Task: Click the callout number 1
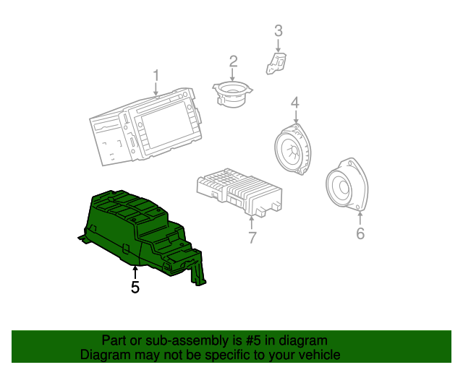point(156,75)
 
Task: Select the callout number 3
point(278,31)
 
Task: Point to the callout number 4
point(295,103)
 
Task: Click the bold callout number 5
point(135,288)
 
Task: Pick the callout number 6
point(360,233)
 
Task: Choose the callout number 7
point(252,238)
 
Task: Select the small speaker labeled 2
point(231,94)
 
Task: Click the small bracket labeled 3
point(277,63)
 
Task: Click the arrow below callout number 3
point(278,45)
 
